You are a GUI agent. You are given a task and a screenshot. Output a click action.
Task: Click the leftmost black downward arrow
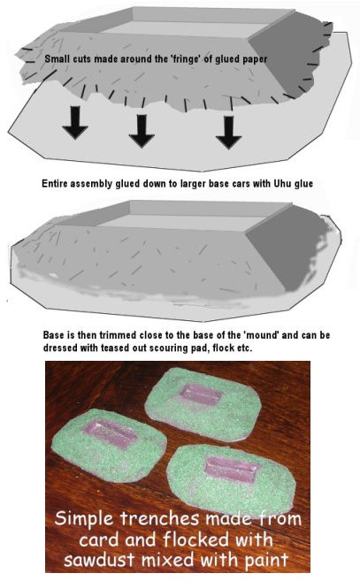click(x=75, y=123)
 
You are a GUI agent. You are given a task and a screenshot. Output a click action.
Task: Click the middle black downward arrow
click(x=142, y=131)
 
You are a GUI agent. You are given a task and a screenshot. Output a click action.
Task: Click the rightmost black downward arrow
click(x=229, y=133)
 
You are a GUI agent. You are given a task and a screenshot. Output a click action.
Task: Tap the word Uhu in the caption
click(x=283, y=183)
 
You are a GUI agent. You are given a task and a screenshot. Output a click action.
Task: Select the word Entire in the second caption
click(x=55, y=184)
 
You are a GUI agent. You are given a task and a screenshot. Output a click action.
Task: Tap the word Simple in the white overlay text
click(x=85, y=518)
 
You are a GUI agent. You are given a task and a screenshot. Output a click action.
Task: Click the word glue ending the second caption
click(x=304, y=184)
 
